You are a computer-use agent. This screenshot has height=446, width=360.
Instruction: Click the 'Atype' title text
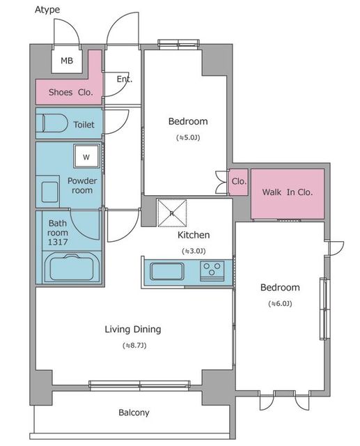point(47,10)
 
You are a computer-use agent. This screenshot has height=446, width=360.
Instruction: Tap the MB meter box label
point(67,61)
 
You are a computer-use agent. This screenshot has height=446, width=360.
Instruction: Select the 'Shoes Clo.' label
point(71,92)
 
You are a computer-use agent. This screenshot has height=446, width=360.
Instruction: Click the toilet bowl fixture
point(55,123)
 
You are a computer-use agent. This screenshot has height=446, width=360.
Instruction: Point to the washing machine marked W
point(86,156)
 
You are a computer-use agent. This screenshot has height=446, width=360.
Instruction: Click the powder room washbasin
point(49,192)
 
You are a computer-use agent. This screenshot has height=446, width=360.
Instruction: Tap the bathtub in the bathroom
point(72,268)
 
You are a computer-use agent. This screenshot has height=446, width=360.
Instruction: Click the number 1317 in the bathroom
point(58,242)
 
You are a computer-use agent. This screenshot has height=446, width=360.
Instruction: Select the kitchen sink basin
point(167,271)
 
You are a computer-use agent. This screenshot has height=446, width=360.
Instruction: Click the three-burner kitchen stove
point(212,271)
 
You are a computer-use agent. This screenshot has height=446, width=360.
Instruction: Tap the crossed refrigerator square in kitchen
point(172,213)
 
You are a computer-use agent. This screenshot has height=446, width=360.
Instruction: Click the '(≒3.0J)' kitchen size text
point(194,251)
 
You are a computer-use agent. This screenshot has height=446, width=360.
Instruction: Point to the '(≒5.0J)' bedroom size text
point(188,138)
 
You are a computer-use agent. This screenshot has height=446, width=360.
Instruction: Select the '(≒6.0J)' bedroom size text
point(280,304)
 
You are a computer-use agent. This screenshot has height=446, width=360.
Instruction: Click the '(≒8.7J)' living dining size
point(134,346)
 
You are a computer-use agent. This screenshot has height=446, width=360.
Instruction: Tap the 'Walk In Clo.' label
point(288,192)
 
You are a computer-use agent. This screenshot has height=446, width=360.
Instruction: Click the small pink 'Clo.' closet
point(239,183)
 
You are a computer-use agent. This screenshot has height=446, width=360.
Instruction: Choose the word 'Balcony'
point(134,413)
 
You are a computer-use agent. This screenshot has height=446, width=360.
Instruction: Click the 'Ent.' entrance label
point(125,79)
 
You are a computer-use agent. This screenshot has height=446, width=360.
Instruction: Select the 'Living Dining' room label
point(133,330)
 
